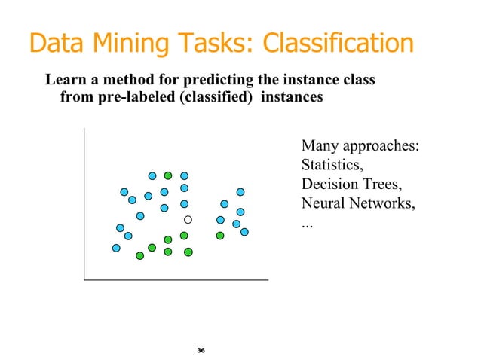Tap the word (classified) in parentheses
213,96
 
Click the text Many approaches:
360,145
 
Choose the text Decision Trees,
348,185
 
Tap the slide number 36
201,351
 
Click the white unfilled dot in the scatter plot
188,220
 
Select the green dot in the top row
168,176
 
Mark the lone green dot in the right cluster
220,236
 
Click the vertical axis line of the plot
84,203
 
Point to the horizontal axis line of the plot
176,279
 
